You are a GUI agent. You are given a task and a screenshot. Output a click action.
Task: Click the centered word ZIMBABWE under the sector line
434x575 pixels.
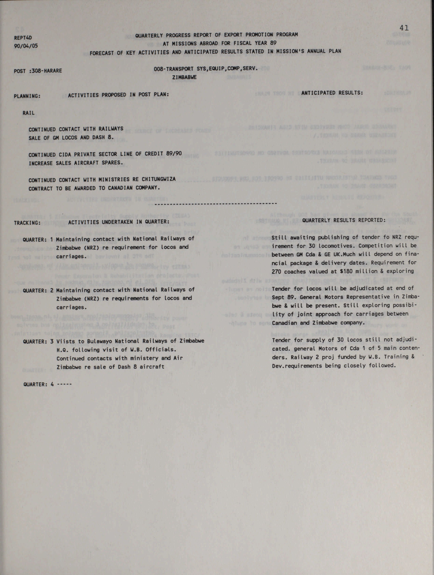point(184,77)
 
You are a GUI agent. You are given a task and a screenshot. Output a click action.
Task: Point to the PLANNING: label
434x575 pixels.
point(27,96)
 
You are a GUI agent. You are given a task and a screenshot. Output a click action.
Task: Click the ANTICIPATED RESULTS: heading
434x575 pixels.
point(332,93)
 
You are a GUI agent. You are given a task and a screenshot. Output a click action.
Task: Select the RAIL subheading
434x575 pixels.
point(28,113)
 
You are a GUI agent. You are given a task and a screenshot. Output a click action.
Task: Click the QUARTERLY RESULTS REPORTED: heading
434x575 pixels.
point(343,220)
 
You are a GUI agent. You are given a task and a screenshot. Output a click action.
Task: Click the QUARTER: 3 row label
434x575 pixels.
point(38,342)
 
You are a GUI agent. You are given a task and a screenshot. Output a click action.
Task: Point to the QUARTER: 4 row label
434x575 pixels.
point(38,384)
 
